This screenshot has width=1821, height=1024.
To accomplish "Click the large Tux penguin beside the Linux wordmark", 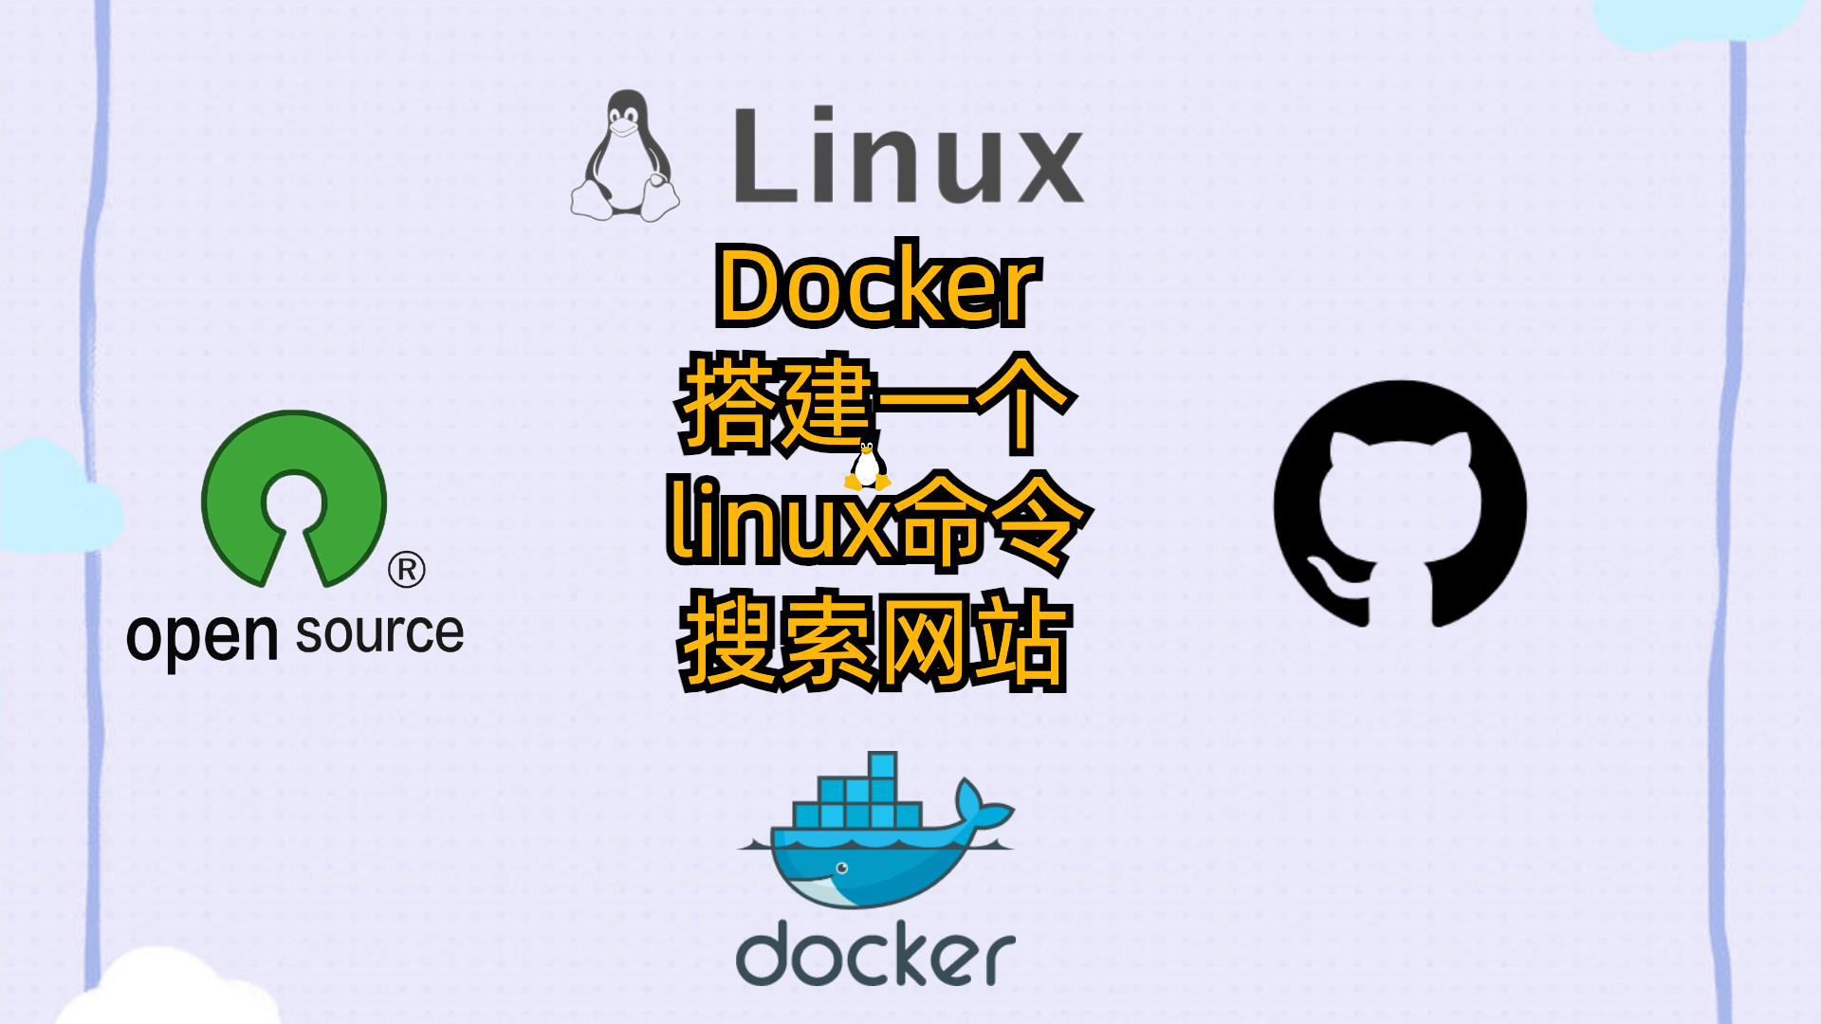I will (x=624, y=156).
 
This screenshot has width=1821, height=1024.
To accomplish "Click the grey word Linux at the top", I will (x=908, y=156).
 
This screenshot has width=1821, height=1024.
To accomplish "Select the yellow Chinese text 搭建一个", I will (x=874, y=403).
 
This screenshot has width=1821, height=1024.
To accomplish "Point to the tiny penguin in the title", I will (x=866, y=466).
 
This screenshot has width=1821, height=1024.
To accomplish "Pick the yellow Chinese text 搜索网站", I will (x=874, y=640).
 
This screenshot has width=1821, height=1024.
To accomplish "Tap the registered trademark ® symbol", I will (x=406, y=570).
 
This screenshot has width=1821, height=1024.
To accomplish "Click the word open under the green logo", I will (x=201, y=637).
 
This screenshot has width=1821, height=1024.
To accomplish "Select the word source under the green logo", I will (x=379, y=633).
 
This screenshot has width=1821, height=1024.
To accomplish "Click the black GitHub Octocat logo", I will (x=1400, y=503).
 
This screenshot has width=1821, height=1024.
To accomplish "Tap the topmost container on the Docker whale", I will (x=882, y=765).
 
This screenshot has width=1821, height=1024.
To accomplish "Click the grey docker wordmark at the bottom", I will (x=874, y=953).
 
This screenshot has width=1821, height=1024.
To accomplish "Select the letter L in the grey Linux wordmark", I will (x=762, y=156).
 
